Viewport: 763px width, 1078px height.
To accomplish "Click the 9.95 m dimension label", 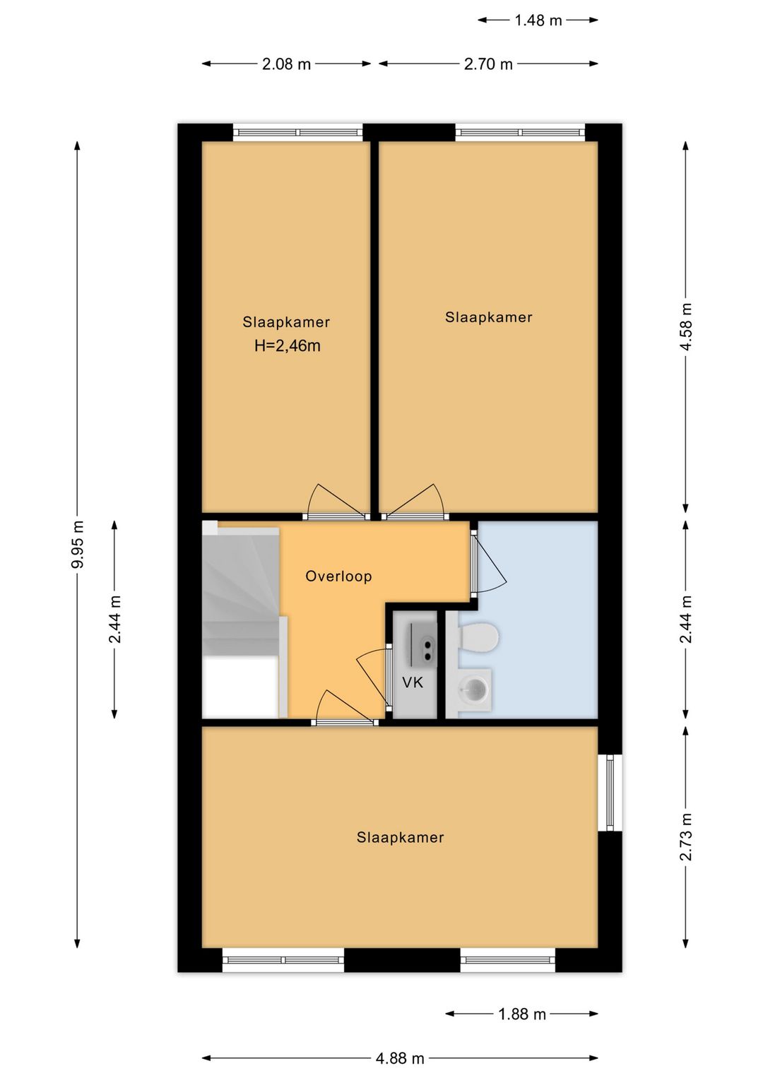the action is pyautogui.click(x=78, y=544).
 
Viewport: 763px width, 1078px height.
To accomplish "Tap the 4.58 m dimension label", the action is pyautogui.click(x=686, y=327).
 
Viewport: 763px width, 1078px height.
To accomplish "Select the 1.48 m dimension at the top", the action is pyautogui.click(x=538, y=20).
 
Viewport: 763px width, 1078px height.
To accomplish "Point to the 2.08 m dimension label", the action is pyautogui.click(x=286, y=64).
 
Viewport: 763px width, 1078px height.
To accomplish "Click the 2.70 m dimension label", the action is pyautogui.click(x=488, y=64).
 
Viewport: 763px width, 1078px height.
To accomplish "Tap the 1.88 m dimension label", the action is pyautogui.click(x=522, y=1014).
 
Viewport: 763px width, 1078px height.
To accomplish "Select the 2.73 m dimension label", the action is pyautogui.click(x=686, y=837).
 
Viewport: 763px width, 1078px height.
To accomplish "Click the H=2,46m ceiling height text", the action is pyautogui.click(x=288, y=346).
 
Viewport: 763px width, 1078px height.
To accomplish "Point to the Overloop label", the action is pyautogui.click(x=338, y=576).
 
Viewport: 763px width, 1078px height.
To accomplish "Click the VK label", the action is pyautogui.click(x=413, y=682).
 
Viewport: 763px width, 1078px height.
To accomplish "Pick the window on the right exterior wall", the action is pyautogui.click(x=610, y=793).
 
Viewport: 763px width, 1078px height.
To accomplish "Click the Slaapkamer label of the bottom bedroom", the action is pyautogui.click(x=400, y=837).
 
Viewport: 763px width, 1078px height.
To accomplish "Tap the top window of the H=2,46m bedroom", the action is pyautogui.click(x=298, y=132).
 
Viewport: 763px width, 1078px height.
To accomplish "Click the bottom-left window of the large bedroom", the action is pyautogui.click(x=283, y=959).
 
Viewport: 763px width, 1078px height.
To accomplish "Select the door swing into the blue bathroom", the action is pyautogui.click(x=487, y=561).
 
